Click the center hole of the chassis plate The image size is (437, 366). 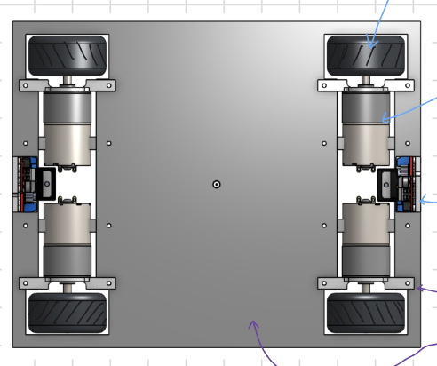(217, 184)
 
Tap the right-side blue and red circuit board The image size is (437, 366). (409, 184)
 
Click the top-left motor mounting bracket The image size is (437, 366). (68, 85)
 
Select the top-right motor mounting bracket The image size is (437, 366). (366, 85)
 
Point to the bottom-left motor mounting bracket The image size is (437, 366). (68, 283)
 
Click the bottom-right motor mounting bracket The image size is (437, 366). (366, 283)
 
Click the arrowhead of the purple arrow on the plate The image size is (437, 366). (253, 325)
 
